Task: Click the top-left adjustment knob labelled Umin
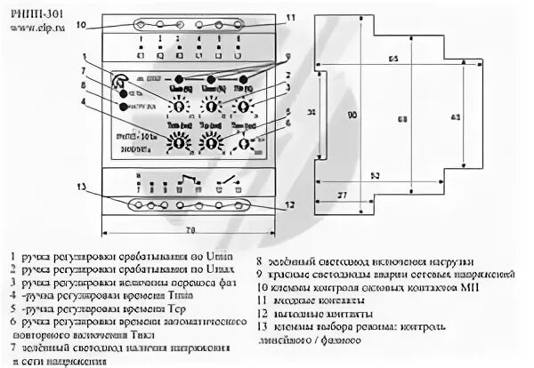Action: pos(178,106)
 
